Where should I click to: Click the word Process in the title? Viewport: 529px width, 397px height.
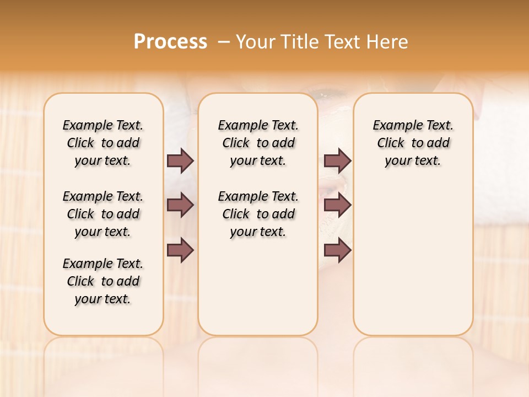pyautogui.click(x=170, y=42)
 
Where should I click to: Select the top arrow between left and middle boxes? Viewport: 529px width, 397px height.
pyautogui.click(x=180, y=160)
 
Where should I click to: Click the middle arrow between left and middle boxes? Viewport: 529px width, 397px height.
pyautogui.click(x=180, y=205)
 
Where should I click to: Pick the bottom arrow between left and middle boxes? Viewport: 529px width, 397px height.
pyautogui.click(x=180, y=250)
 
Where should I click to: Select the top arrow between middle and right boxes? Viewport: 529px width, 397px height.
pyautogui.click(x=337, y=160)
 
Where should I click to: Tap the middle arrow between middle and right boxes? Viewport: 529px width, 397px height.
pyautogui.click(x=337, y=205)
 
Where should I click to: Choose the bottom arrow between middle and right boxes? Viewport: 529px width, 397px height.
pyautogui.click(x=337, y=250)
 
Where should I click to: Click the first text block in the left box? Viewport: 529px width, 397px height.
pyautogui.click(x=103, y=143)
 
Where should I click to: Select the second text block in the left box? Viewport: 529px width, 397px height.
pyautogui.click(x=103, y=214)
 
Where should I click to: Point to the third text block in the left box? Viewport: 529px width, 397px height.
pyautogui.click(x=103, y=281)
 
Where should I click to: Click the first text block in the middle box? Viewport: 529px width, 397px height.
pyautogui.click(x=258, y=143)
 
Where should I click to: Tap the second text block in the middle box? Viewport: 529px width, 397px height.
pyautogui.click(x=258, y=214)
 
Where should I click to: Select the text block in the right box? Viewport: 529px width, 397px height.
pyautogui.click(x=413, y=143)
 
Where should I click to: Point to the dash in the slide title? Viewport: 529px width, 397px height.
pyautogui.click(x=223, y=42)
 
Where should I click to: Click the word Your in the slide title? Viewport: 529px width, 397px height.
pyautogui.click(x=257, y=42)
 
